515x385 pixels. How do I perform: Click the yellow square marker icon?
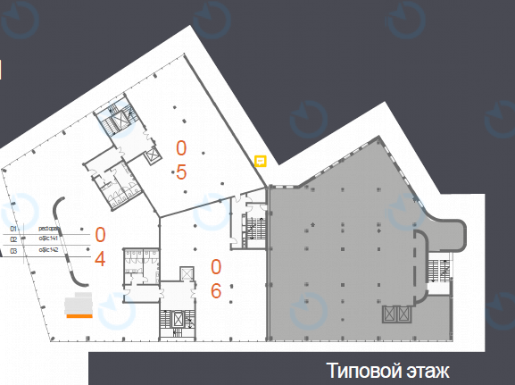point(261,162)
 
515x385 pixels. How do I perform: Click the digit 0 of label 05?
point(181,147)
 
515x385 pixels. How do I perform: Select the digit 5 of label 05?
point(181,172)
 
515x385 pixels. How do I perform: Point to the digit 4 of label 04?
point(100,259)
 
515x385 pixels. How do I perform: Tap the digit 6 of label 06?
point(216,290)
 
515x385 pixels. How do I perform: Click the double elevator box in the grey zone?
point(397,314)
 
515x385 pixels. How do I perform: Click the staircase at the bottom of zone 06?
point(170,322)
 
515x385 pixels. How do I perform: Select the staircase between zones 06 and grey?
point(254,223)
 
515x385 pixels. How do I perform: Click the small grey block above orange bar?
point(80,301)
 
